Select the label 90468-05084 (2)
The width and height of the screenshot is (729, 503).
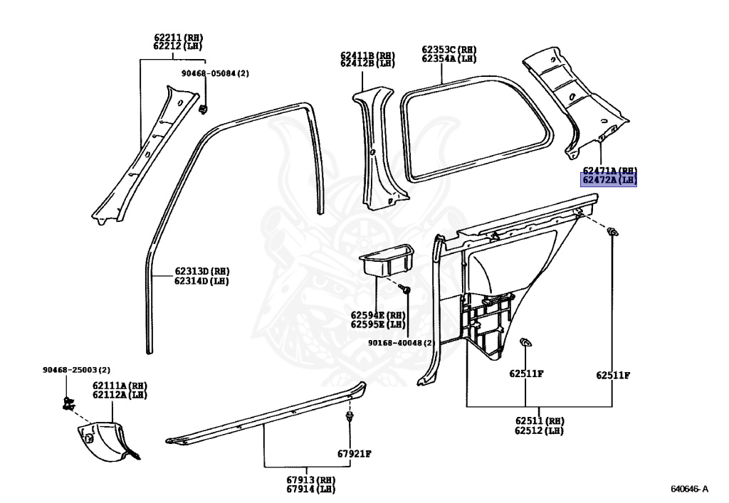(x=219, y=73)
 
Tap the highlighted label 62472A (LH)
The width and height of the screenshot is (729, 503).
(x=609, y=181)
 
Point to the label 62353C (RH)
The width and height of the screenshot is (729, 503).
(x=449, y=50)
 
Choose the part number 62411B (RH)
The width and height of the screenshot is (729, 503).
(x=367, y=55)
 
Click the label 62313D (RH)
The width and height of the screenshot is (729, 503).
(x=202, y=271)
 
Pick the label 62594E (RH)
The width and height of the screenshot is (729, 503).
(x=377, y=314)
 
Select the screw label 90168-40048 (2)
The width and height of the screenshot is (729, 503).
(x=401, y=343)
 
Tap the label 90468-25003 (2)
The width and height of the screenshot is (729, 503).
(x=76, y=370)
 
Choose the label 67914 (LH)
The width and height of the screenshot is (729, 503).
(x=310, y=489)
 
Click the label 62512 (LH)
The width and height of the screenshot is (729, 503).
(x=539, y=430)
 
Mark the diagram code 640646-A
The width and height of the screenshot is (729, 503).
(x=689, y=489)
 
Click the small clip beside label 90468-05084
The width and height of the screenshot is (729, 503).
(x=204, y=108)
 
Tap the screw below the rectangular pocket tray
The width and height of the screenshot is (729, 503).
(x=404, y=290)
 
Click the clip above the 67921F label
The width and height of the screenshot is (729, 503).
(x=350, y=415)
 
